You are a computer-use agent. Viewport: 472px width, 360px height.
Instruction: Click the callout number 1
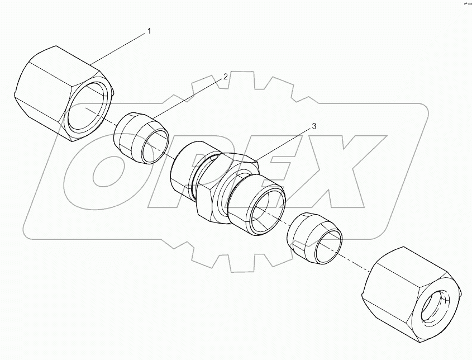149,31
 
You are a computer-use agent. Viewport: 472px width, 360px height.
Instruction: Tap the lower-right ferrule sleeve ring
313,238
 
